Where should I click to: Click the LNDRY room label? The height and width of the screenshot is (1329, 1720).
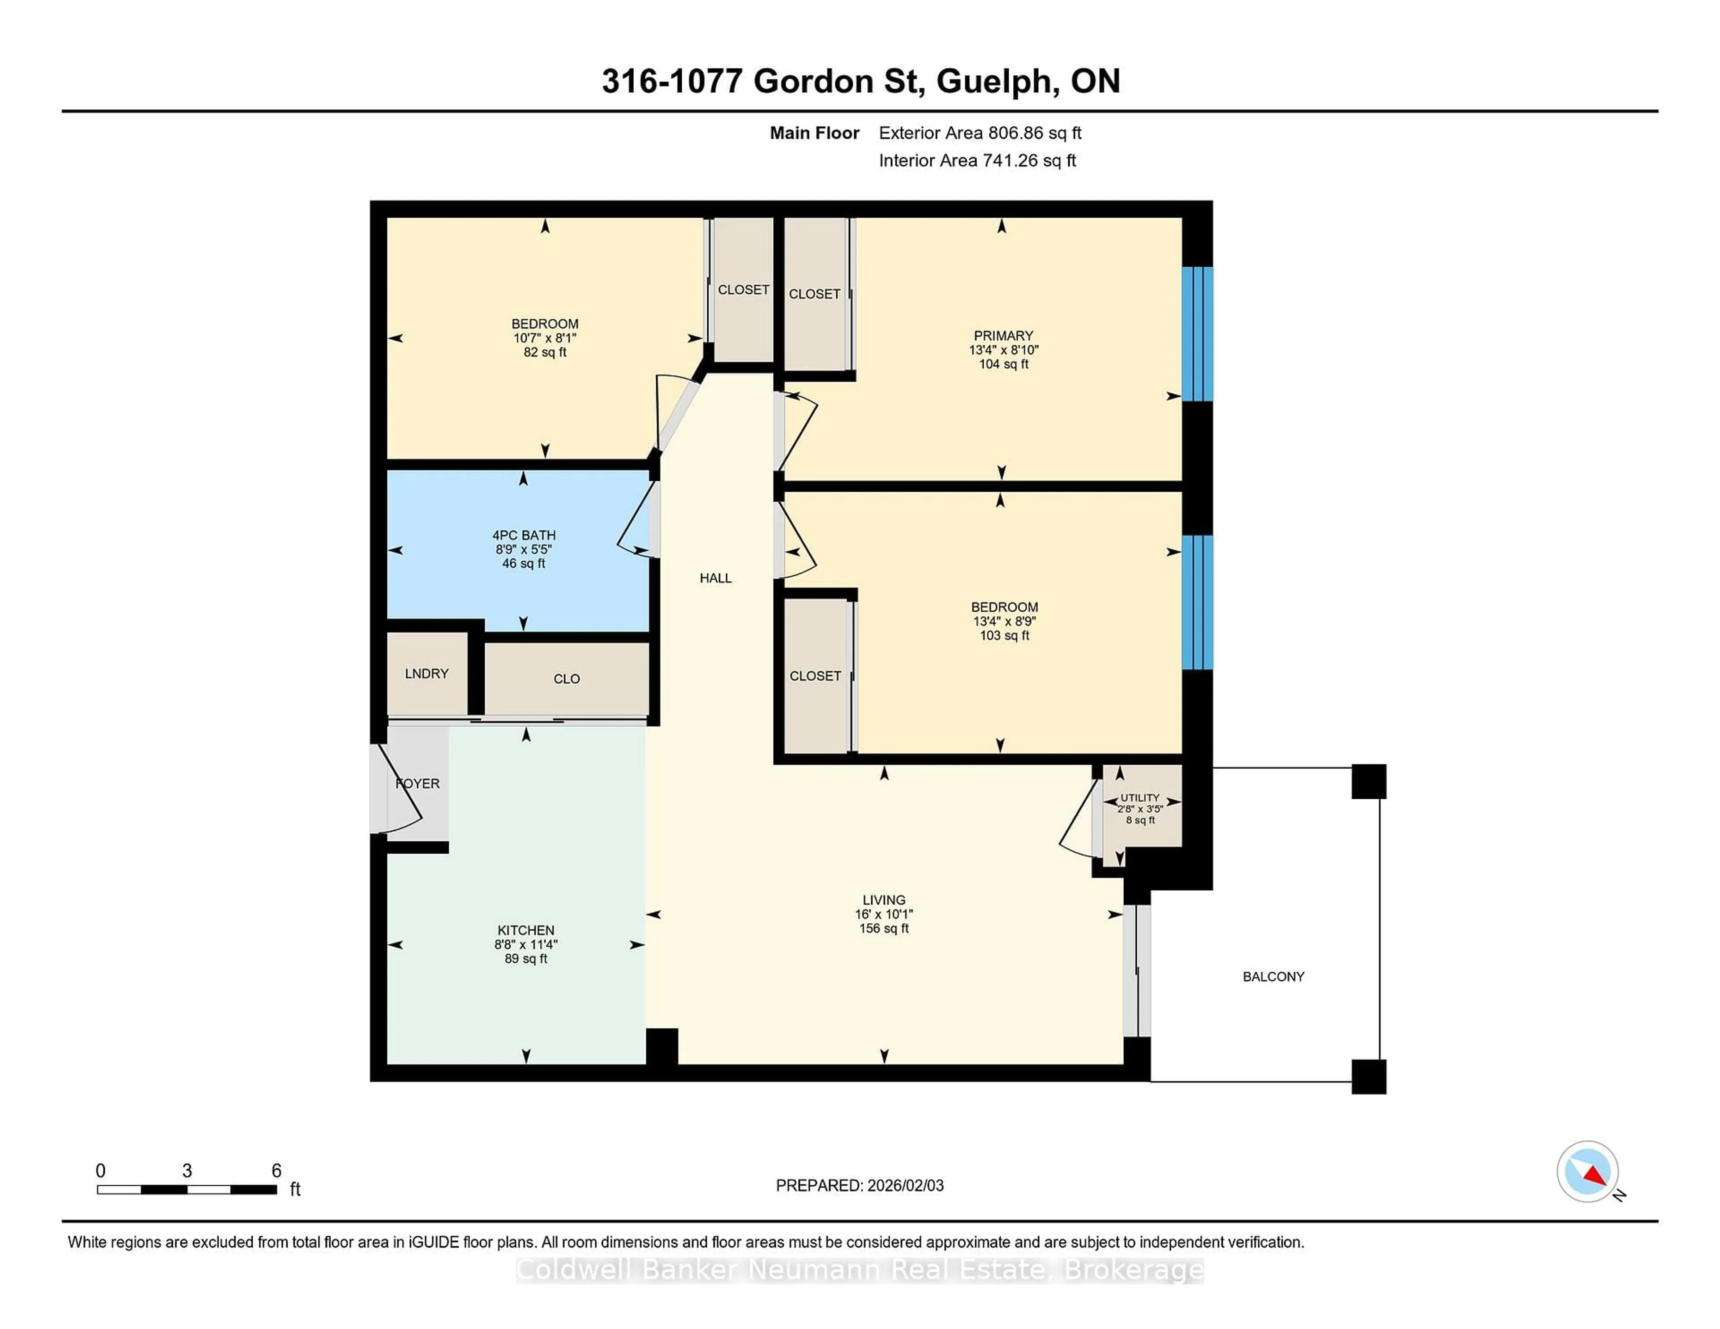pos(426,674)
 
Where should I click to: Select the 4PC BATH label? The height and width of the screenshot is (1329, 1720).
pos(524,536)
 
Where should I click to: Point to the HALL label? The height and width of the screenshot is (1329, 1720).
pos(715,579)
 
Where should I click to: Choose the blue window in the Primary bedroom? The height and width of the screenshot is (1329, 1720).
pos(1197,334)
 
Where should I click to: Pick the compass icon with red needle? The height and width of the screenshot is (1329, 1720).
pos(1587,1171)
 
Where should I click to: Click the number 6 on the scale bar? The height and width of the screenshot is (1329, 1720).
pos(276,1171)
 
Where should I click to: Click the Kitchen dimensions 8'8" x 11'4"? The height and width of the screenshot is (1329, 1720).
pos(525,945)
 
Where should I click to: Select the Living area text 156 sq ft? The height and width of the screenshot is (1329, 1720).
pos(884,929)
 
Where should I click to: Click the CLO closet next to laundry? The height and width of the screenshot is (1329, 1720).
pos(566,679)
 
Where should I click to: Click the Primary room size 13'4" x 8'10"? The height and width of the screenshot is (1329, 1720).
pos(1003,350)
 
